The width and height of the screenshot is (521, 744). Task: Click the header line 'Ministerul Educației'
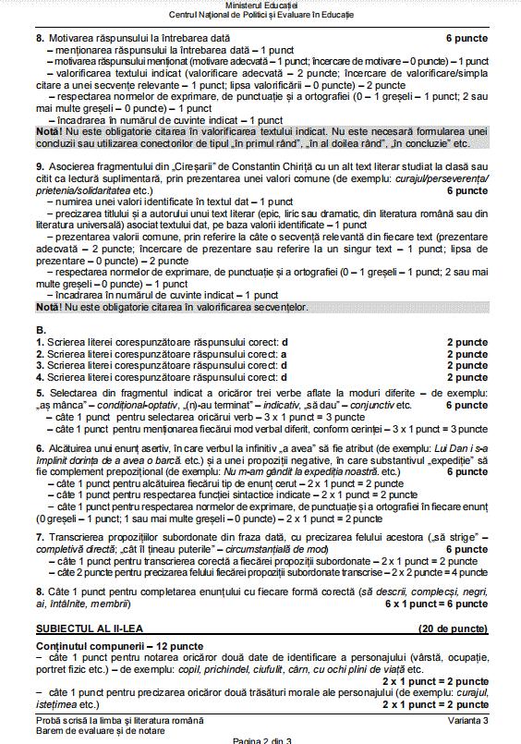pos(260,6)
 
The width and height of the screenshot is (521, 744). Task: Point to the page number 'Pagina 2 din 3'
pos(260,739)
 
